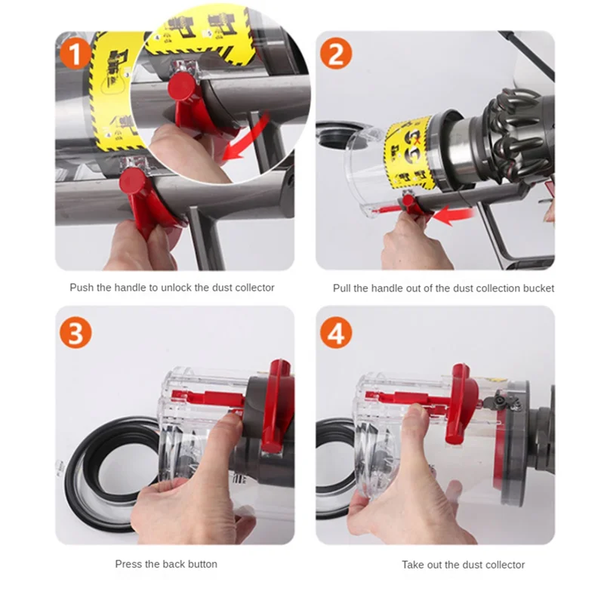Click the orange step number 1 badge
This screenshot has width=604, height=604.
pos(75,53)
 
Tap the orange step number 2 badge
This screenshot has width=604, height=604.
pos(336,53)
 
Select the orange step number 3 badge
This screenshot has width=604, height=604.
pos(75,332)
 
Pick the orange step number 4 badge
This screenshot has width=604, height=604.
pos(336,332)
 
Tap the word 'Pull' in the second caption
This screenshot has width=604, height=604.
pos(342,288)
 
